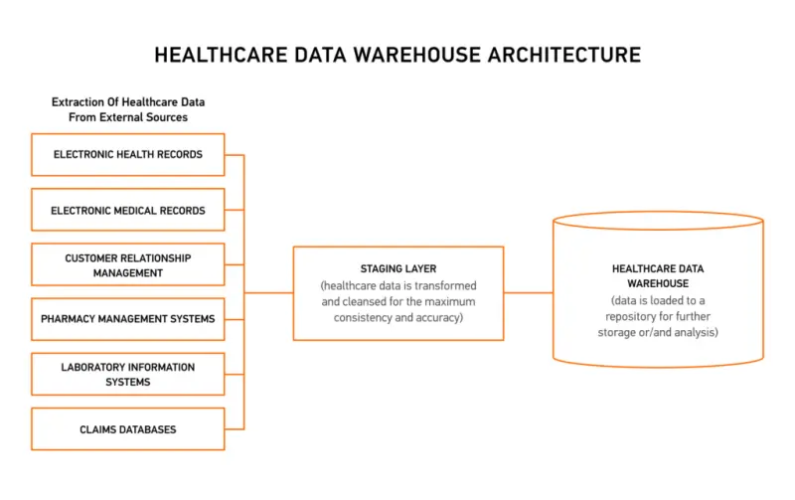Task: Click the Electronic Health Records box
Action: (127, 155)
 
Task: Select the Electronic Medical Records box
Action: (127, 211)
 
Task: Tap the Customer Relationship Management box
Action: (127, 265)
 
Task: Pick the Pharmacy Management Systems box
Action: (127, 320)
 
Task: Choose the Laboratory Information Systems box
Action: (127, 375)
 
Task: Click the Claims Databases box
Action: (127, 429)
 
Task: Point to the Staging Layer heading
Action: (397, 268)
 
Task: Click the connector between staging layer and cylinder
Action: (528, 293)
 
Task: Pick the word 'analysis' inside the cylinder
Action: (697, 331)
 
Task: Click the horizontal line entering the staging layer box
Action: (268, 293)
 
